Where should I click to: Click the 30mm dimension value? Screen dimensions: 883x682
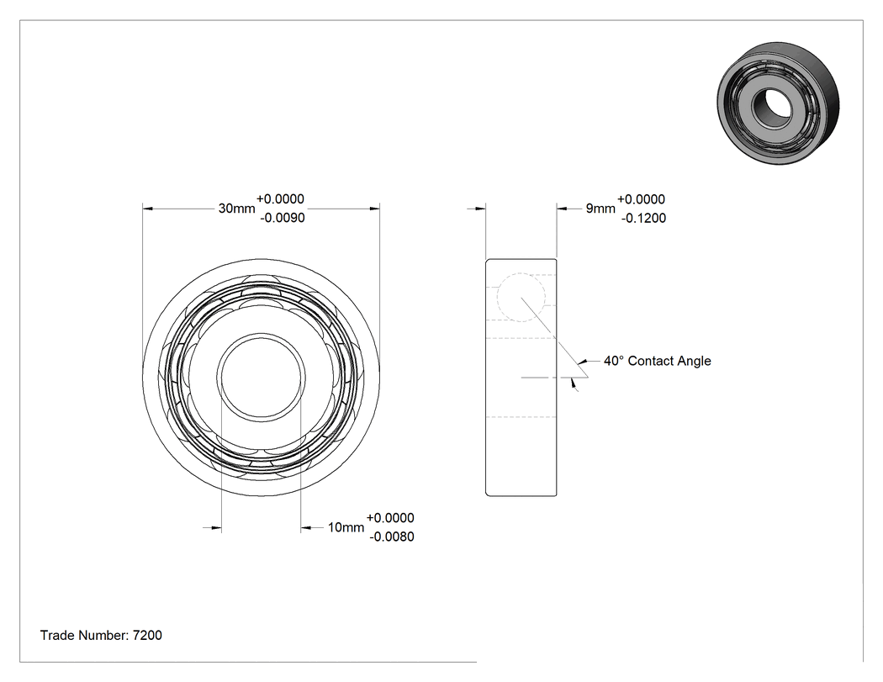[x=236, y=209]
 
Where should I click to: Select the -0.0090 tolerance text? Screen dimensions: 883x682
[x=282, y=218]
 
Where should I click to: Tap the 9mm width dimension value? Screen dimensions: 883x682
[x=600, y=209]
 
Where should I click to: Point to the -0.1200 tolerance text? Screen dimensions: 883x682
[x=643, y=218]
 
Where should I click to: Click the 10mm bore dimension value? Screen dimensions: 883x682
[x=346, y=528]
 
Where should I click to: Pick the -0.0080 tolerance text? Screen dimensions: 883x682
[x=391, y=537]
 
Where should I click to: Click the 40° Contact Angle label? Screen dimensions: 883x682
[x=657, y=361]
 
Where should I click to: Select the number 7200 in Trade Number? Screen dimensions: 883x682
[x=147, y=635]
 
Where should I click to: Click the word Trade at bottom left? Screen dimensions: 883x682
[x=57, y=635]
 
